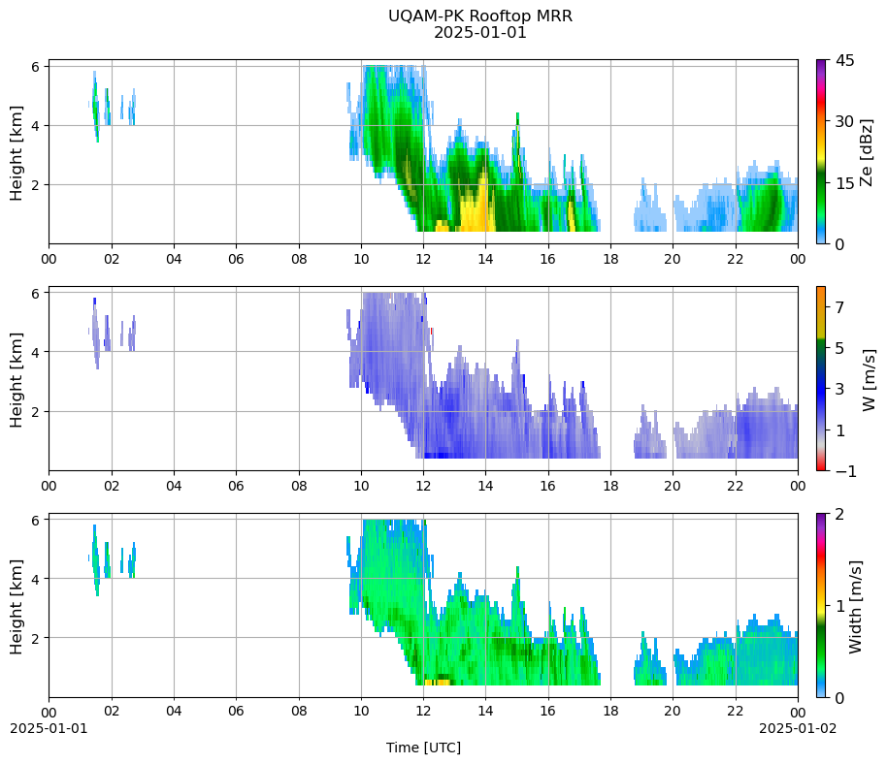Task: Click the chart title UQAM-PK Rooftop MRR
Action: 479,16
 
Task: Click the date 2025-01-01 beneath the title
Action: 479,33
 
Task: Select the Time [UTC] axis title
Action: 423,748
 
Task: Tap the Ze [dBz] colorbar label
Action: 866,152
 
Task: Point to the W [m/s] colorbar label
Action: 869,380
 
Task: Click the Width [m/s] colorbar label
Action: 855,607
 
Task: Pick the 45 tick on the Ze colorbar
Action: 844,60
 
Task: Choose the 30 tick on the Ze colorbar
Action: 844,121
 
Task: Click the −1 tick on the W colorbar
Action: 845,471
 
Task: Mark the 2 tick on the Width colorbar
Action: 839,514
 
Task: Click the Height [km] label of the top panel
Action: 16,152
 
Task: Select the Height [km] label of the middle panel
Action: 16,380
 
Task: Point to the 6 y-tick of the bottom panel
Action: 35,521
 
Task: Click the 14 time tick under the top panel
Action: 485,260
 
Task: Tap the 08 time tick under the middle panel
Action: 299,486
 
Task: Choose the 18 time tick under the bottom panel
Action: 610,711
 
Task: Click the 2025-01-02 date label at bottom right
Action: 798,728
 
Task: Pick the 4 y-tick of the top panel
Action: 35,125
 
